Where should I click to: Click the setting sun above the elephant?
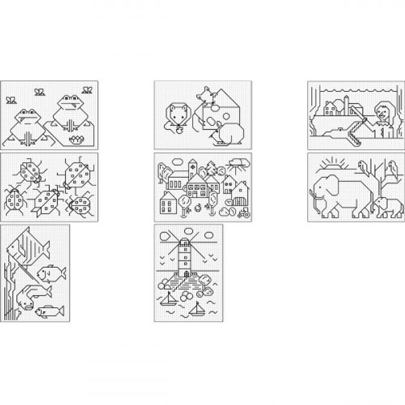tap(332, 164)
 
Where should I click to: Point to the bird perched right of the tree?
tap(392, 164)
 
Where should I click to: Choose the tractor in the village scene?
tap(244, 212)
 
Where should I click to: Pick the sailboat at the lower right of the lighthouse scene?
tap(196, 309)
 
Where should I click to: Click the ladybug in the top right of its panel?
tap(75, 175)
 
